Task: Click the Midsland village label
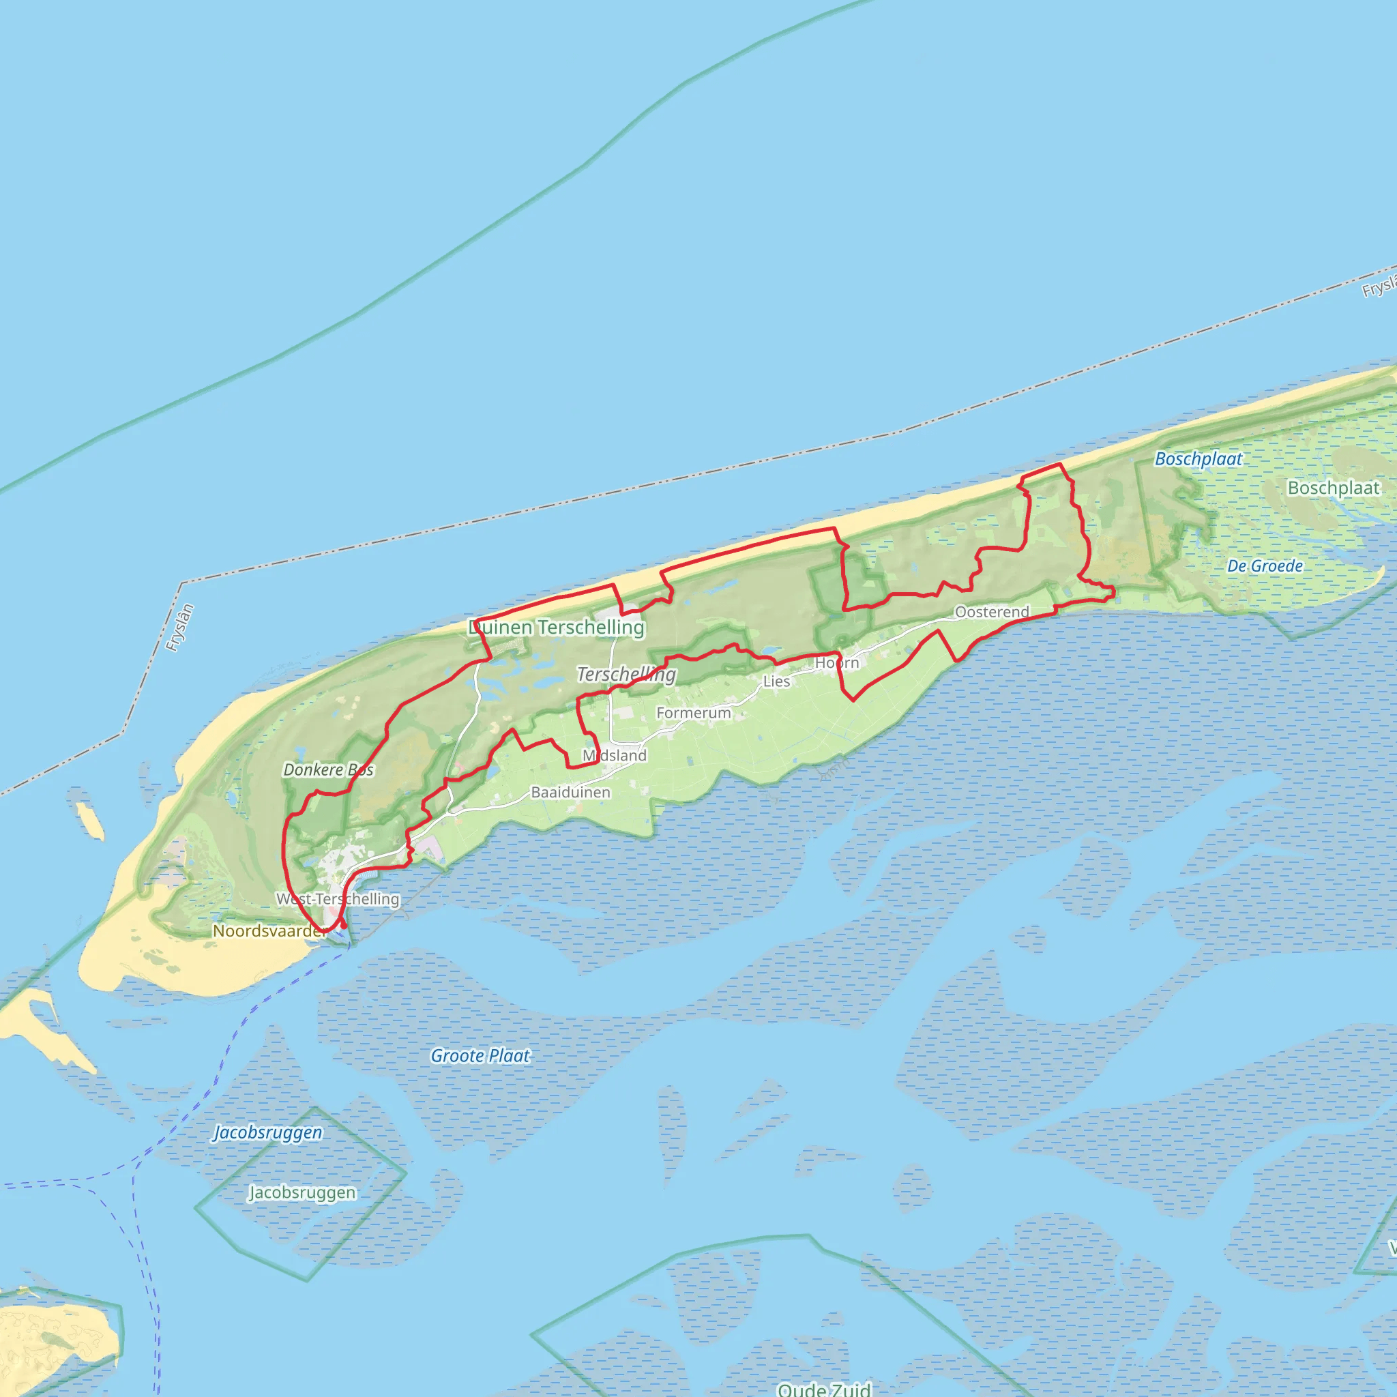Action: [x=615, y=756]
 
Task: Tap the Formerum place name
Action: [x=694, y=713]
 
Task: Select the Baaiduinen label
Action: [x=570, y=793]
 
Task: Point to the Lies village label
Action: [x=776, y=681]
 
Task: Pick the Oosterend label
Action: [x=992, y=612]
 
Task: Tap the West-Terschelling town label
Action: [x=338, y=899]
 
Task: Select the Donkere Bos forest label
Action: [x=328, y=769]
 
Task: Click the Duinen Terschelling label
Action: [x=556, y=627]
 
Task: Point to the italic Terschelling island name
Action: [x=626, y=674]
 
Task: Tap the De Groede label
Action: [x=1265, y=565]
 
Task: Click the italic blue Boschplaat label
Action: [x=1198, y=458]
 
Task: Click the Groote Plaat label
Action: [x=480, y=1056]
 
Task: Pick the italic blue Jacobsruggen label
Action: [x=267, y=1132]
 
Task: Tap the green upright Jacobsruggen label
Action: [x=302, y=1192]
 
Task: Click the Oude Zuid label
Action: [x=823, y=1389]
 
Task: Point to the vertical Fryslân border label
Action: [x=180, y=628]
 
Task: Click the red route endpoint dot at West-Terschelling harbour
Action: [x=344, y=926]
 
